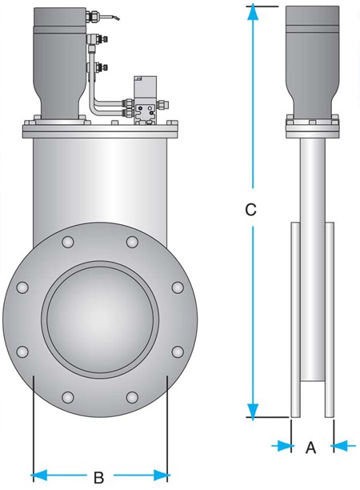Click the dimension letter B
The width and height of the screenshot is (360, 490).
coord(98,477)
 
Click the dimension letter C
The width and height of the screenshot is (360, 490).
coord(250,210)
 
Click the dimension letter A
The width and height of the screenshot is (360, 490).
coord(310,448)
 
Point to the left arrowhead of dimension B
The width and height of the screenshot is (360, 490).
coord(40,476)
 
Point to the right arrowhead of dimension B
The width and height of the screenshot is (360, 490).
coord(162,476)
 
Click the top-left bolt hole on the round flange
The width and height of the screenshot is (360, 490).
coord(68,242)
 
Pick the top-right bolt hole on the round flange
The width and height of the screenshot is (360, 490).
coord(132,242)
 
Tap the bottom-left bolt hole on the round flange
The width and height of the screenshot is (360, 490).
coord(68,397)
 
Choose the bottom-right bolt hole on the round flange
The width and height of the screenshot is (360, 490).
coord(132,397)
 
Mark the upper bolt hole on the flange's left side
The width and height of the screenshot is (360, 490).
coord(22,287)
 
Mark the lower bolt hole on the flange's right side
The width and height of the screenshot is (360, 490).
coord(178,351)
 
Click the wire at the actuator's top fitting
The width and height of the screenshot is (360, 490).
coord(113,16)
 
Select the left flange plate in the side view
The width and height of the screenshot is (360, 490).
coord(295,319)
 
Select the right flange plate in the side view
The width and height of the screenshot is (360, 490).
coord(330,319)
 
